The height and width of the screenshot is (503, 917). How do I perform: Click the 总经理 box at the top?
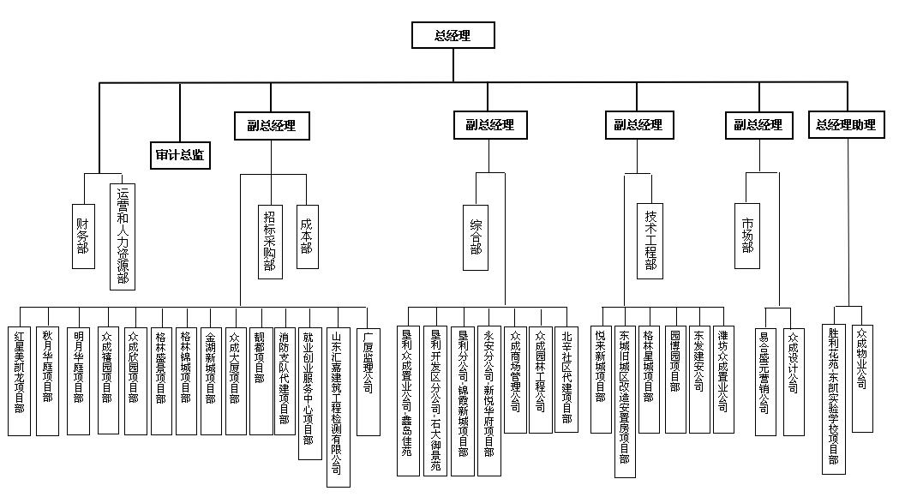(453, 35)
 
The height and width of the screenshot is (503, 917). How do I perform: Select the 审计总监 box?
(181, 156)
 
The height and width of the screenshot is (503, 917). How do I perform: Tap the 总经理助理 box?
(847, 125)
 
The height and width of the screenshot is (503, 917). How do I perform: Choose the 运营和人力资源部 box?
(122, 236)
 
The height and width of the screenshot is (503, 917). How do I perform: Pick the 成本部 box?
(307, 237)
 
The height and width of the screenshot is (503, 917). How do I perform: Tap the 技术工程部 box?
(650, 240)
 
